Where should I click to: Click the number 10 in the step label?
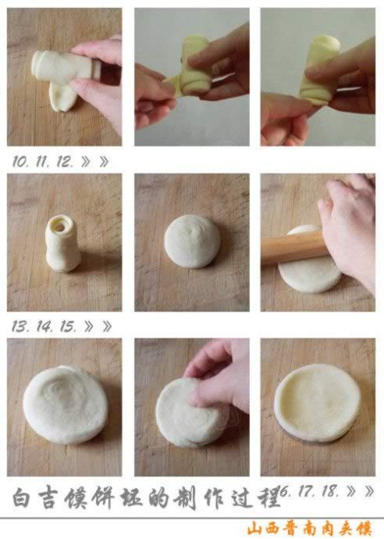[20, 161]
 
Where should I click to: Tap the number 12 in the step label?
[64, 161]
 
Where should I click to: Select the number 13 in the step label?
[20, 327]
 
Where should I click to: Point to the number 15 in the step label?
[67, 327]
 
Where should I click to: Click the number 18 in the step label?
[329, 491]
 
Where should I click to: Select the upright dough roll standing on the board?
[63, 244]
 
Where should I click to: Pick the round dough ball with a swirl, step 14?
[192, 241]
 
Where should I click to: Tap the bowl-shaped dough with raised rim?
[318, 403]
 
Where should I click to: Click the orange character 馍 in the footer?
[364, 528]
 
